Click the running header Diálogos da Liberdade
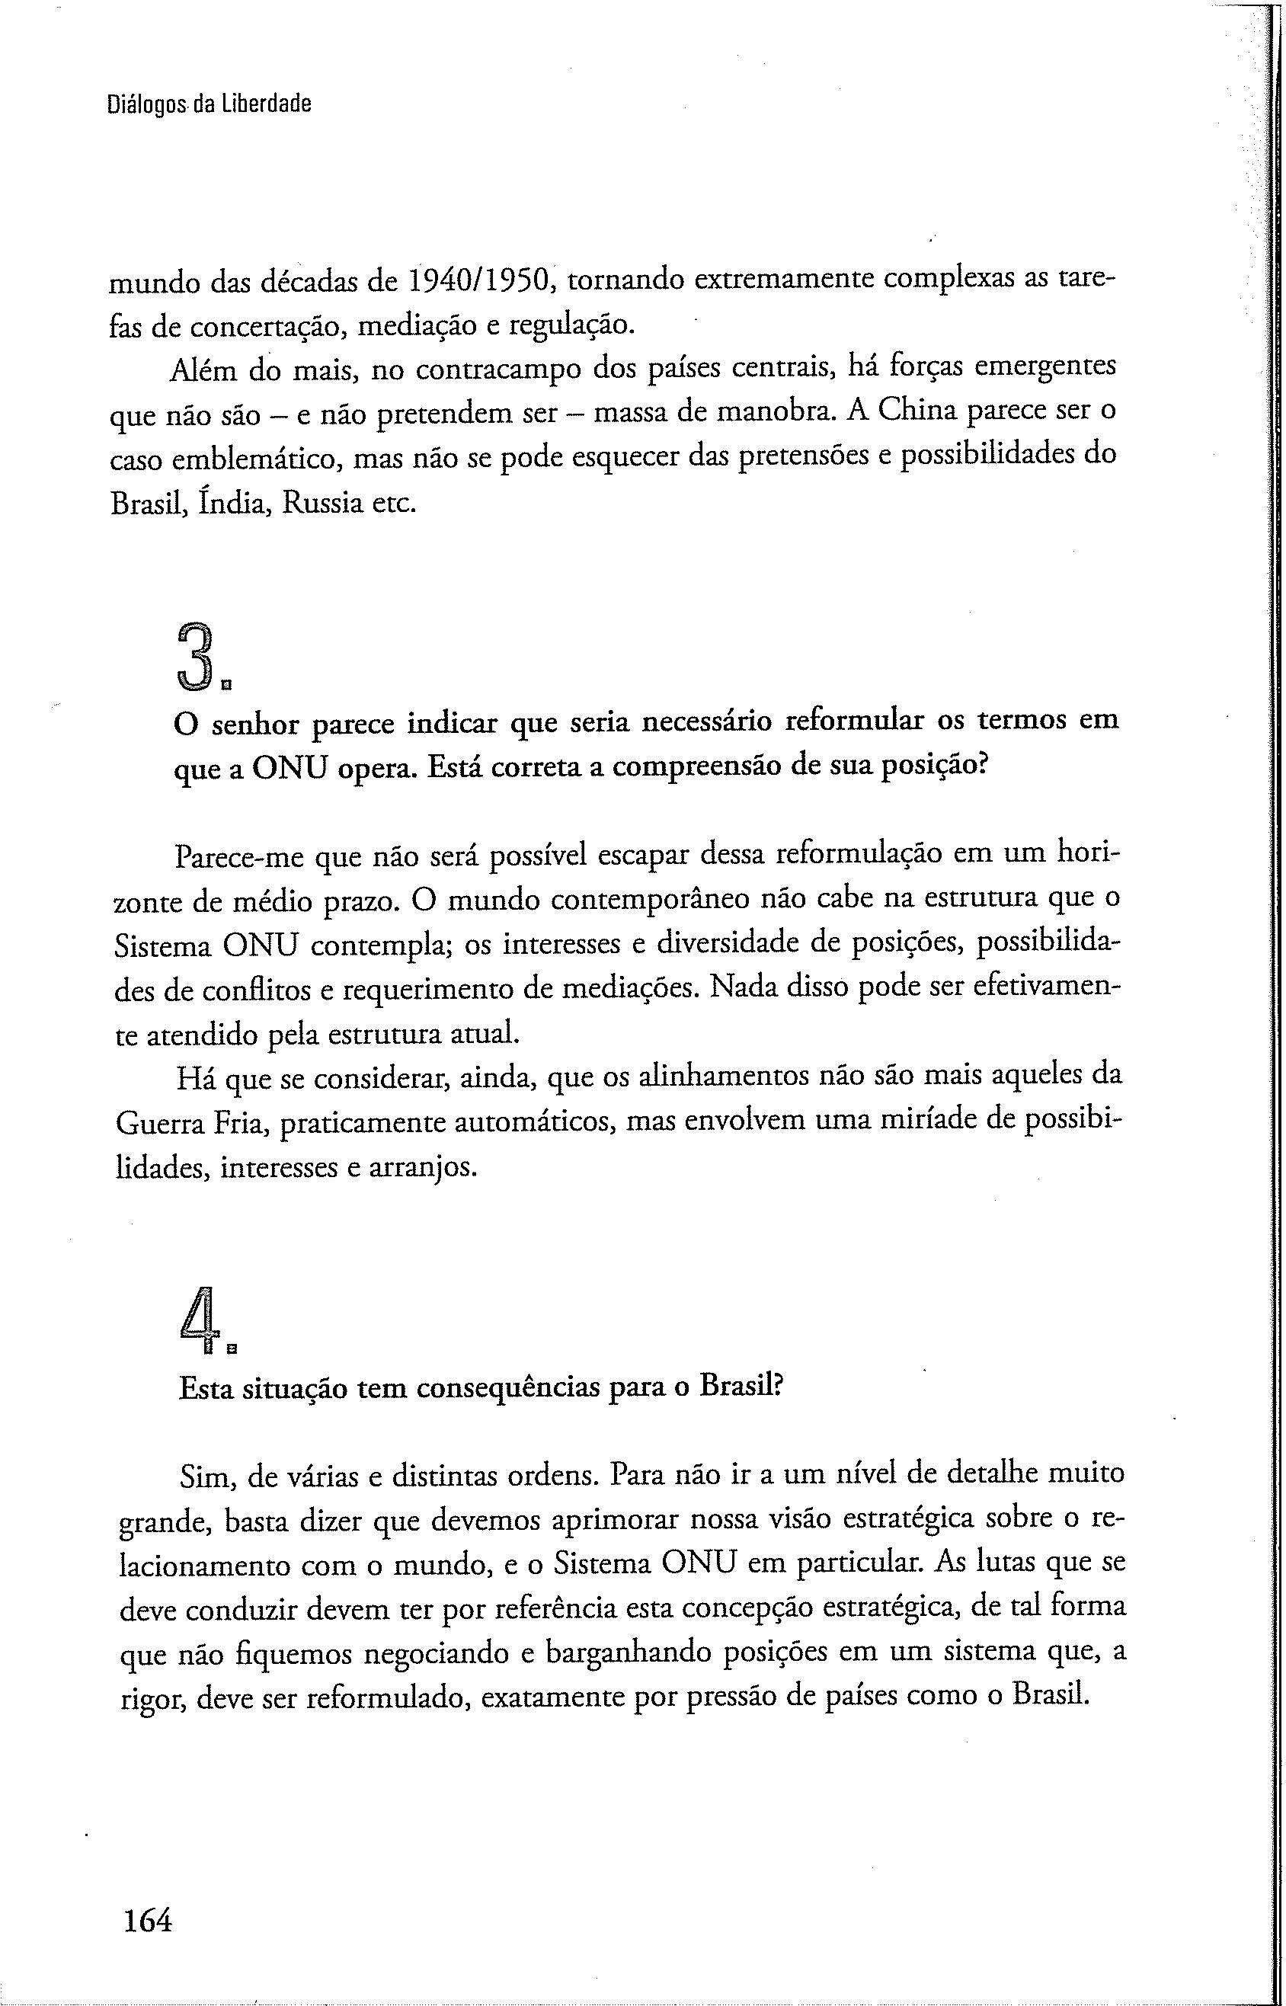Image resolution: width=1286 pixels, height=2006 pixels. coord(210,104)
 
